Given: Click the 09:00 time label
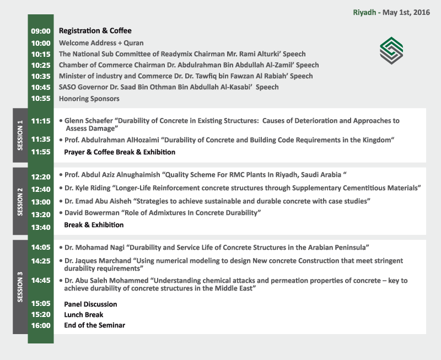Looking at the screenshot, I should [x=41, y=31].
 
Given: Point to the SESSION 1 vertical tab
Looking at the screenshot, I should [x=20, y=136].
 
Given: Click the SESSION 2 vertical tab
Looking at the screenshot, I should [x=20, y=201].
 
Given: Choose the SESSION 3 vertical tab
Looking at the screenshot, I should [x=20, y=287].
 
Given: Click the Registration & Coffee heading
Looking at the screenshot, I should [x=95, y=31].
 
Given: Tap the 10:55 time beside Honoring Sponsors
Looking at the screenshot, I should [x=41, y=99].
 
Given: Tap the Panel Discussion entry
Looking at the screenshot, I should [x=90, y=304].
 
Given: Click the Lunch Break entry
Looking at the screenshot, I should [x=84, y=315].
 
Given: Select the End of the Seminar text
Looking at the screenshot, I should [x=94, y=325].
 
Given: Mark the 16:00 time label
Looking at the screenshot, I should [x=41, y=325].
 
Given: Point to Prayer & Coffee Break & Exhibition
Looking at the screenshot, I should [x=120, y=152].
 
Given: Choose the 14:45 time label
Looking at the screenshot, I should [x=41, y=281].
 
